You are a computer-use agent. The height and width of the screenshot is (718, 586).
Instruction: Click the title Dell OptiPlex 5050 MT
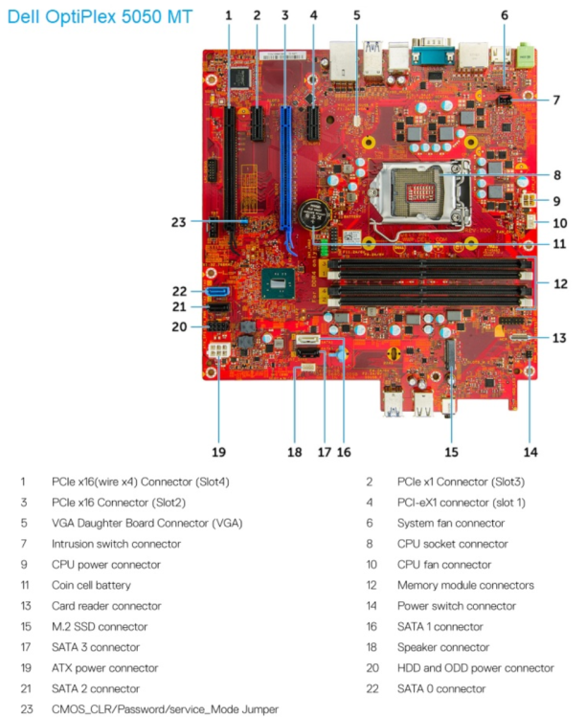pos(99,17)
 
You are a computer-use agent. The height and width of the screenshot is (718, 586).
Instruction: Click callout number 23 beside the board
pos(179,222)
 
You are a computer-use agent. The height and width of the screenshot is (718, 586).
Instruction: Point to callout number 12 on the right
pos(560,283)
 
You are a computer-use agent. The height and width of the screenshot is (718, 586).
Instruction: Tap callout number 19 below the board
pos(218,450)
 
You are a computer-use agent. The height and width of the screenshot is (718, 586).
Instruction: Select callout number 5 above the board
pos(356,15)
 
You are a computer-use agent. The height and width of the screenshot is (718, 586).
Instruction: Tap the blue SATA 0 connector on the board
pos(215,291)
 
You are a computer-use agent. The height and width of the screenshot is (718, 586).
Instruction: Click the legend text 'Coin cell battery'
pos(92,585)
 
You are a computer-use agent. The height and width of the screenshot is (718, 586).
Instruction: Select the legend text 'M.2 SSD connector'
pos(100,626)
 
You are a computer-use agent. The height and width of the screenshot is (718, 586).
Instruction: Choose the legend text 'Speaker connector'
pos(441,647)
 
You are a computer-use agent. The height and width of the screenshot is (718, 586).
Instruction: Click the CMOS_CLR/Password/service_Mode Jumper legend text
pos(165,709)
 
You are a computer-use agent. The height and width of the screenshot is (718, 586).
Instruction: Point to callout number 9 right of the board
pos(558,201)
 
